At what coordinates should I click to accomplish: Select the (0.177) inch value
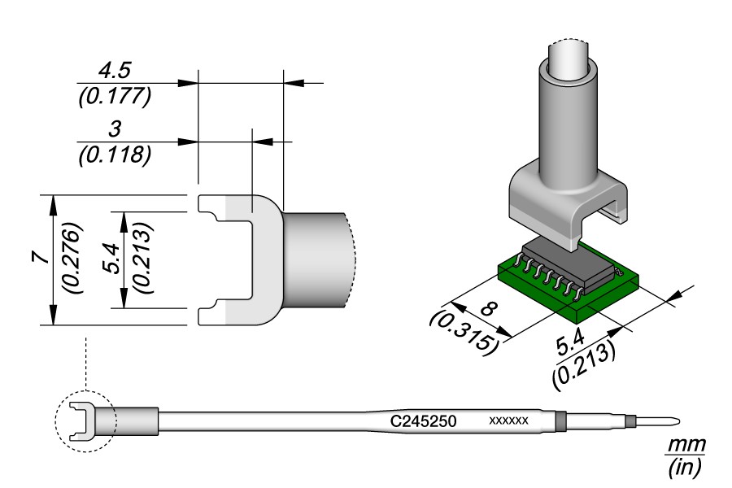pyautogui.click(x=114, y=96)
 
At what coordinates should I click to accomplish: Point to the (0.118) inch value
pyautogui.click(x=114, y=155)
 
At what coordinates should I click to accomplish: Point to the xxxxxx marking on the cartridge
pyautogui.click(x=509, y=421)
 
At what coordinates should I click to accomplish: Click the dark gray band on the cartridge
pyautogui.click(x=560, y=421)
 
